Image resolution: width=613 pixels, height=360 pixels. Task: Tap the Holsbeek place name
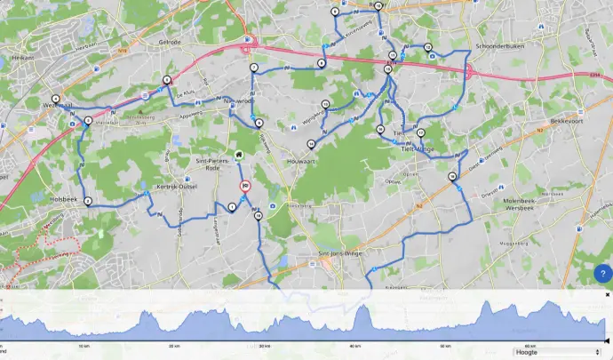66,199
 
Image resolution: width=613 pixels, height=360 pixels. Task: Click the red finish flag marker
245,187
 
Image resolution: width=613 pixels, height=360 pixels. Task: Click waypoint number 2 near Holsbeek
88,201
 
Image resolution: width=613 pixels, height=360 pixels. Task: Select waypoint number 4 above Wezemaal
56,98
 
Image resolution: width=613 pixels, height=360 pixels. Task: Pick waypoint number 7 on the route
254,68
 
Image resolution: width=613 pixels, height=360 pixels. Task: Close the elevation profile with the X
608,294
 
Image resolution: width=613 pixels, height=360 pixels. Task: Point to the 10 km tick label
84,346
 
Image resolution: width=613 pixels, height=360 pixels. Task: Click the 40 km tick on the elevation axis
354,346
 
